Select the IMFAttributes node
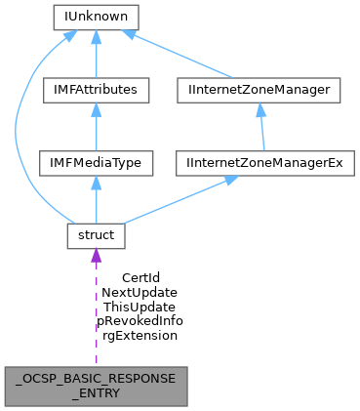(x=96, y=90)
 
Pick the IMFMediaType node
(x=96, y=162)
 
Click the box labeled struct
(x=96, y=235)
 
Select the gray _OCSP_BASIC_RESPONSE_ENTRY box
(x=96, y=387)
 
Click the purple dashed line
(x=96, y=312)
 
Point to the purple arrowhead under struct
(x=96, y=256)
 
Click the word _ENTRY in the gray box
(x=96, y=393)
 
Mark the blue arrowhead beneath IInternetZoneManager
(x=261, y=110)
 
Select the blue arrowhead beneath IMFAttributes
(x=96, y=110)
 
